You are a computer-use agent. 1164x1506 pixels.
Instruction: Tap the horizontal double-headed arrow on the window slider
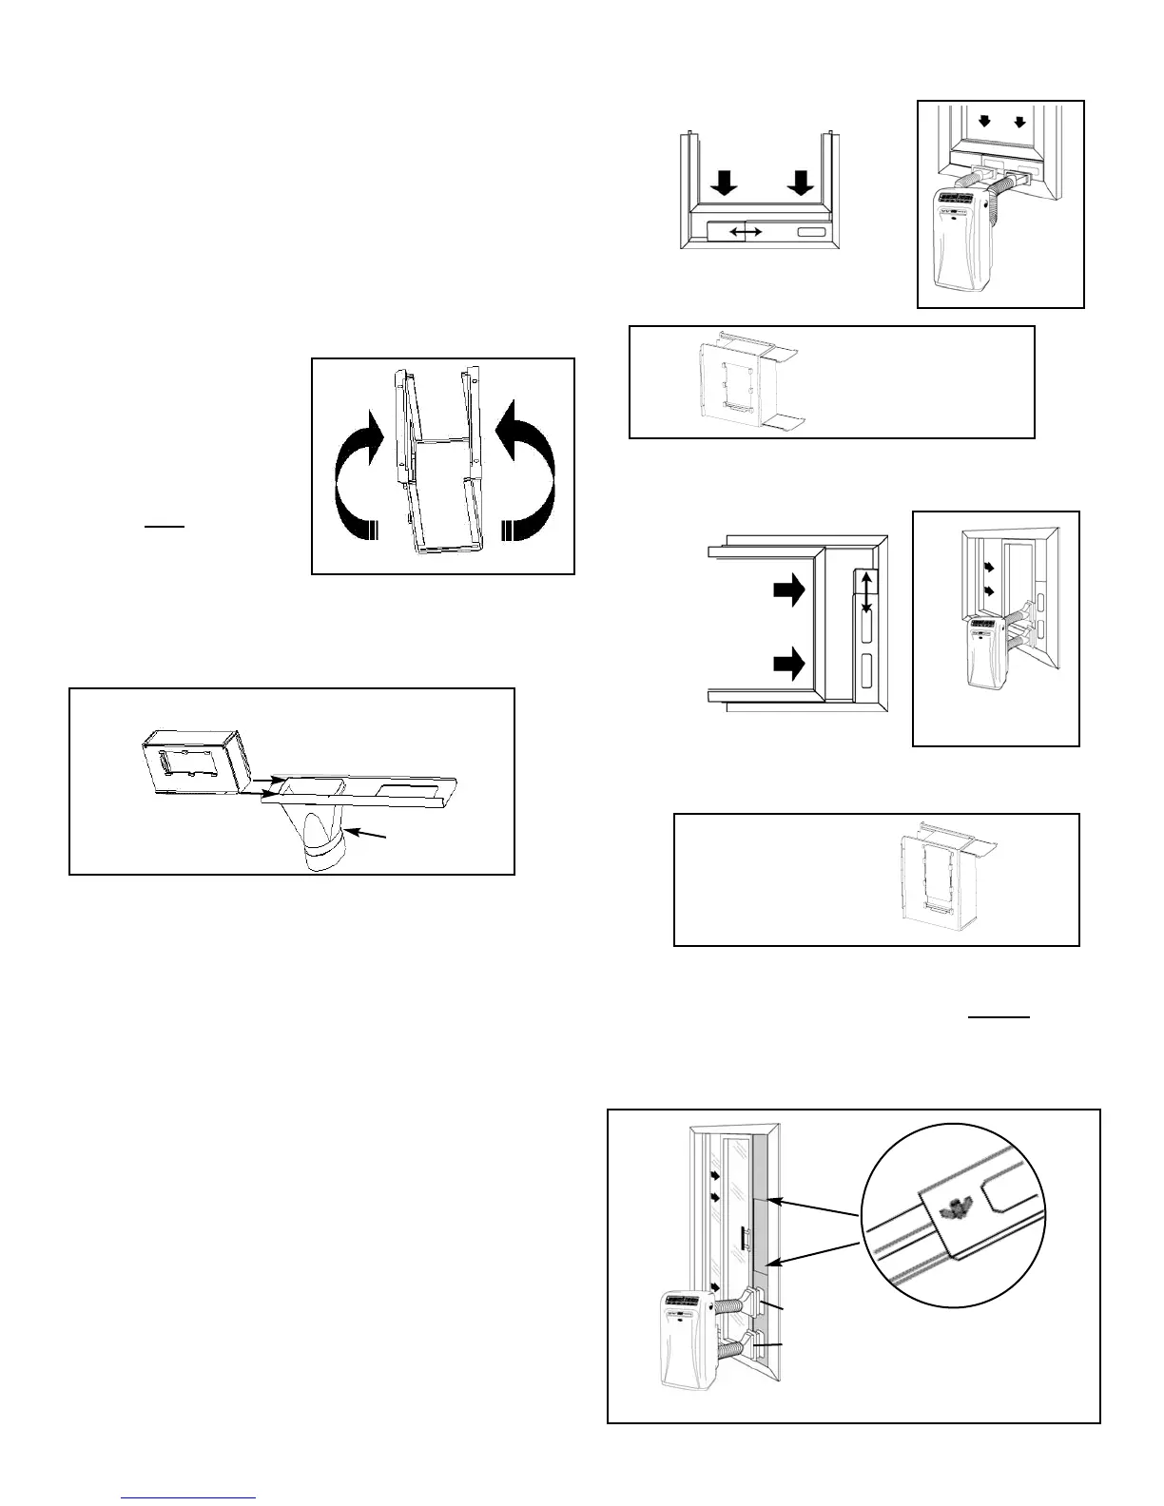coord(745,232)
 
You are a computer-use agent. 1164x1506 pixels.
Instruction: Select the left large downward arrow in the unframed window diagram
coord(725,183)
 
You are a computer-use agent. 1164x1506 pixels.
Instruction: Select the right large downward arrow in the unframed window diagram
coord(800,183)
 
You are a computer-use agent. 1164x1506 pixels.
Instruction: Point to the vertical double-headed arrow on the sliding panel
coord(865,590)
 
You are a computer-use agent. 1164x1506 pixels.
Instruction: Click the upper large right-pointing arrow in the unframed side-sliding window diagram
coord(789,590)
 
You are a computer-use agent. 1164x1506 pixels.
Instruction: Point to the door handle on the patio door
coord(742,1241)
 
